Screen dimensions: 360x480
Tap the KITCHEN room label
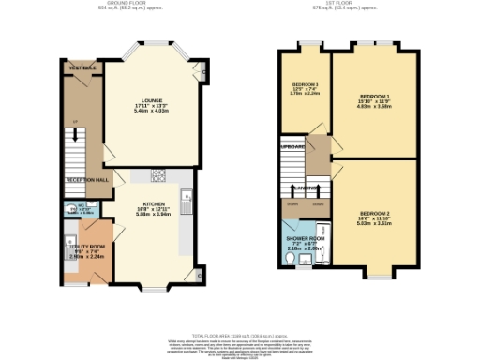point(153,203)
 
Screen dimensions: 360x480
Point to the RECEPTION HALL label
point(87,179)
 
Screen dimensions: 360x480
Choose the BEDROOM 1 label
point(375,97)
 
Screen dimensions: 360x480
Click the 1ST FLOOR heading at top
point(344,4)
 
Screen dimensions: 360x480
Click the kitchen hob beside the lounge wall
point(158,173)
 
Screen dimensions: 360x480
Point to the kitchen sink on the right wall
point(187,196)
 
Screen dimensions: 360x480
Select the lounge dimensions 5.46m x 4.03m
point(151,110)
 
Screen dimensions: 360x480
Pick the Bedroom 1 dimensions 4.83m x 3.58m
point(375,108)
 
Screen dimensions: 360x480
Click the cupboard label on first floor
point(292,146)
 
